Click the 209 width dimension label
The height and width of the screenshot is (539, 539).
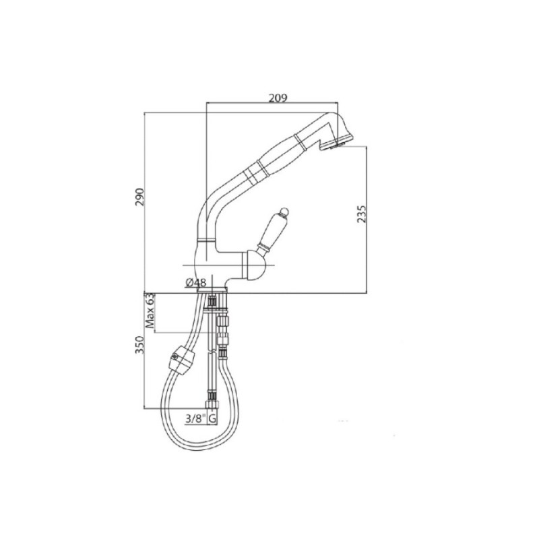click(278, 98)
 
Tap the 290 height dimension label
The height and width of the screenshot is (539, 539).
click(140, 197)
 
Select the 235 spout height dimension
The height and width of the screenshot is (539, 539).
click(361, 214)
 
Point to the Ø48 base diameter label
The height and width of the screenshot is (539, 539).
click(196, 282)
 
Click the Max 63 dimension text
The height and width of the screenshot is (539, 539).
click(150, 311)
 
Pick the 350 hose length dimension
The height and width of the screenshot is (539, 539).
click(140, 345)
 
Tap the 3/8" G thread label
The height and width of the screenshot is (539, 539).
click(201, 418)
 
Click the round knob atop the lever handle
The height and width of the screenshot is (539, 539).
click(284, 212)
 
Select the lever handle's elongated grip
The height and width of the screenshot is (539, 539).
click(273, 229)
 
